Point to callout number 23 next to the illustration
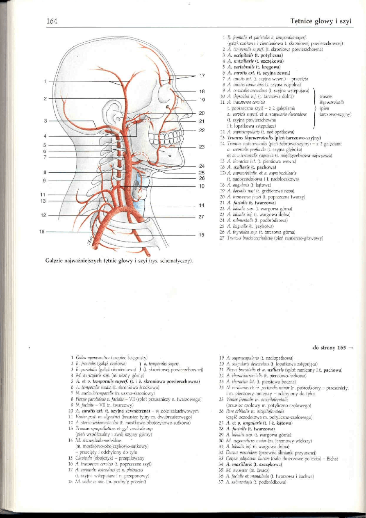[x=202, y=146]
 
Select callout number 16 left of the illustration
[x=42, y=232]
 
